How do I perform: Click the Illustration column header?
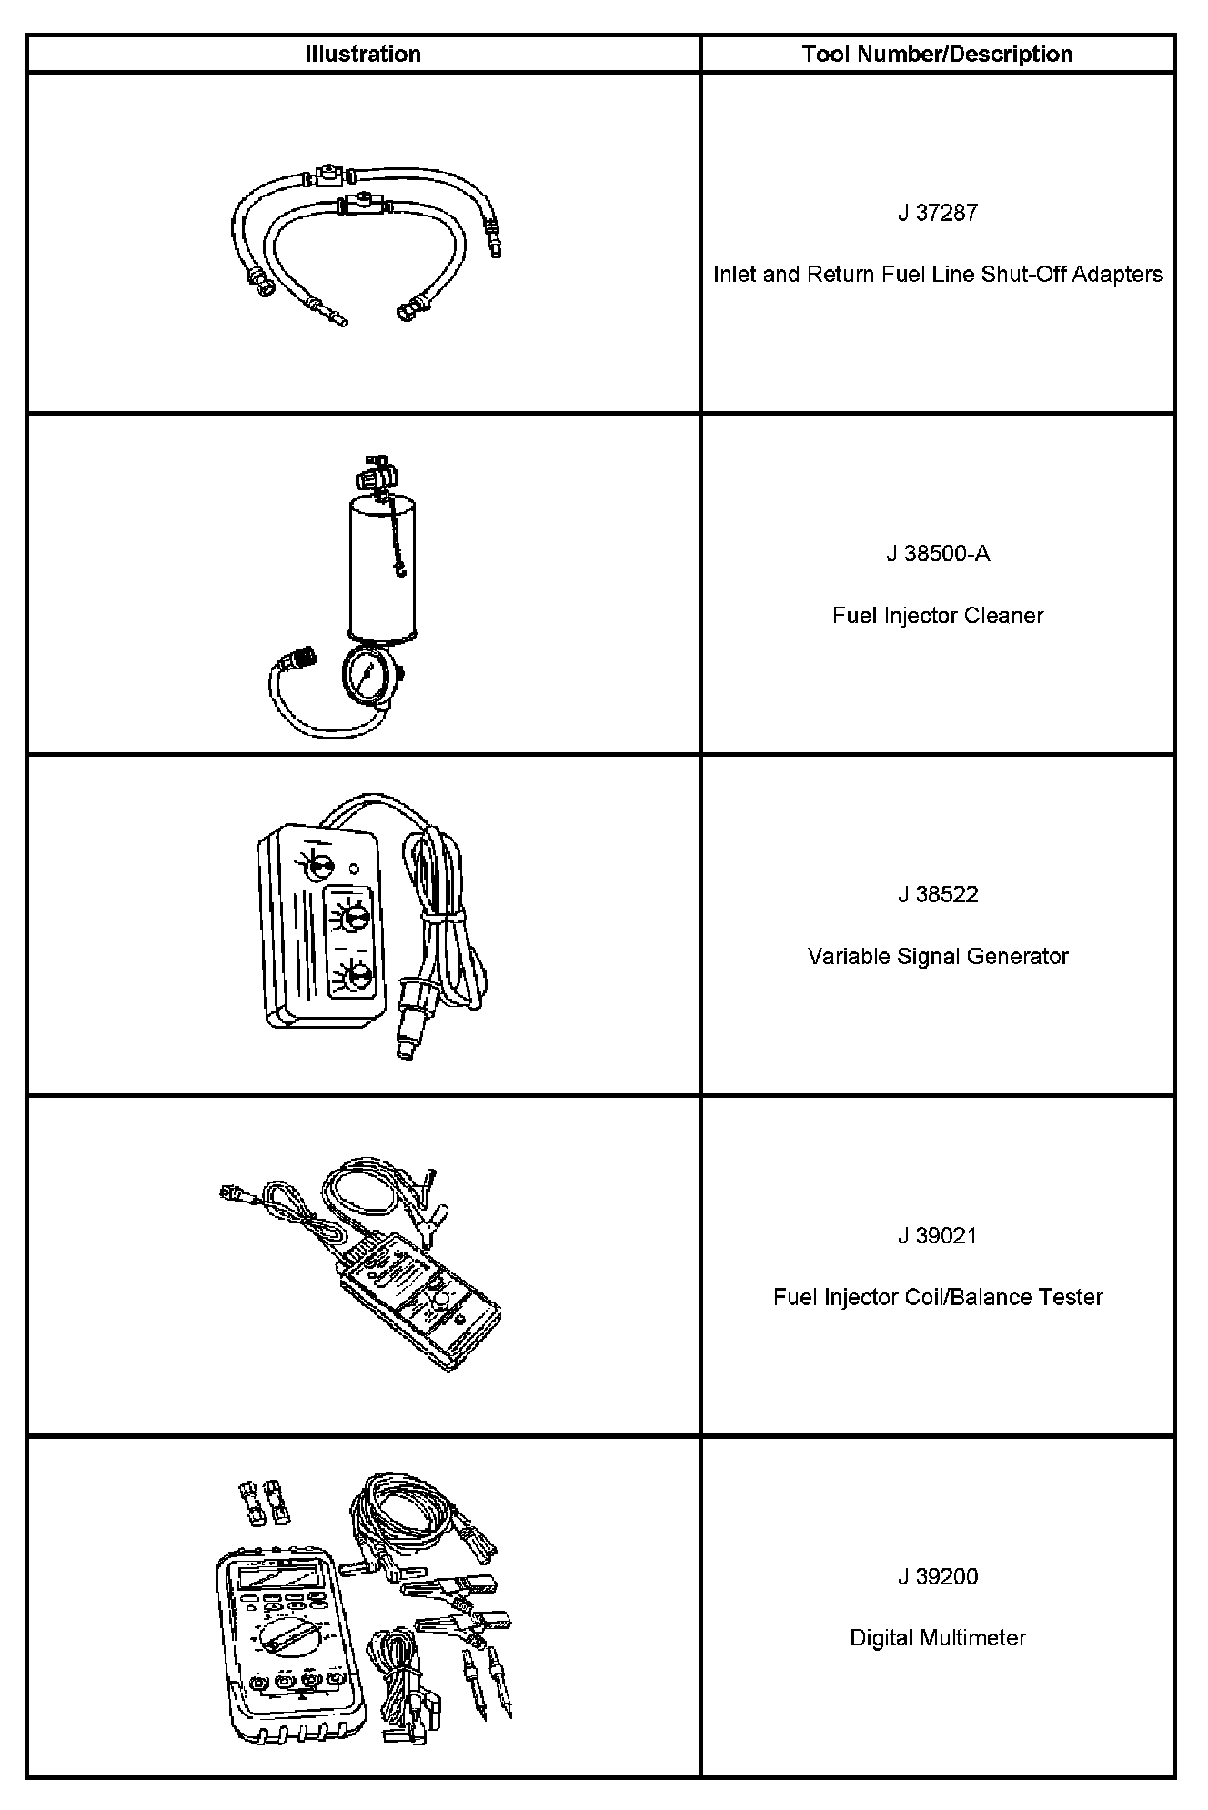[363, 55]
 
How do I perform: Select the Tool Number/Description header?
[937, 55]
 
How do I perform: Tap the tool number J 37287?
[937, 213]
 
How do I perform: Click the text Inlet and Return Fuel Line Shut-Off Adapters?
[937, 274]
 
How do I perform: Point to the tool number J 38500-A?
[937, 554]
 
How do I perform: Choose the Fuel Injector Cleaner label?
[937, 616]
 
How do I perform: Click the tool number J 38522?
[937, 895]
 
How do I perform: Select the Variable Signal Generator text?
[937, 957]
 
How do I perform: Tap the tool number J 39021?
[937, 1236]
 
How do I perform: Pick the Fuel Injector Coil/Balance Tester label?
[937, 1297]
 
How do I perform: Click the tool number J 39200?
[937, 1576]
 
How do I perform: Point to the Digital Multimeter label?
[937, 1638]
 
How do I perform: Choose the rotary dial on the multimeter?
[288, 1637]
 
